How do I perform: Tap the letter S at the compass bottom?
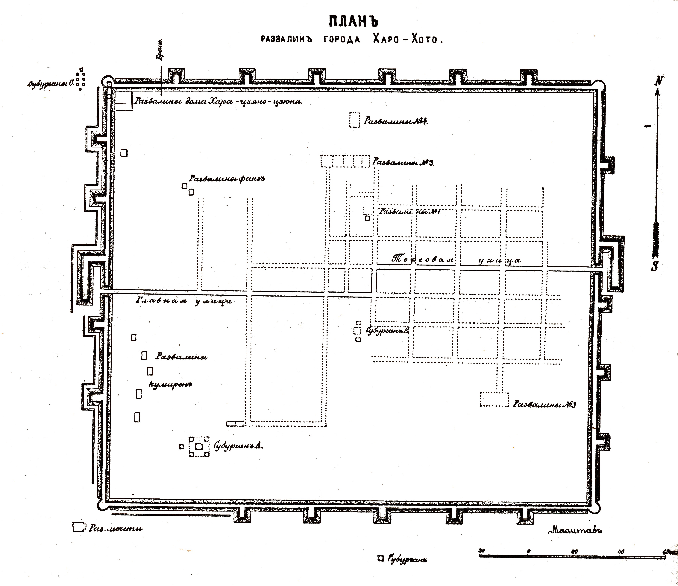click(654, 266)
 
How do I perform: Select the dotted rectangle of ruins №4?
click(354, 120)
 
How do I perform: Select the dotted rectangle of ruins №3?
click(494, 399)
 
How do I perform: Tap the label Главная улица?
click(183, 301)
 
